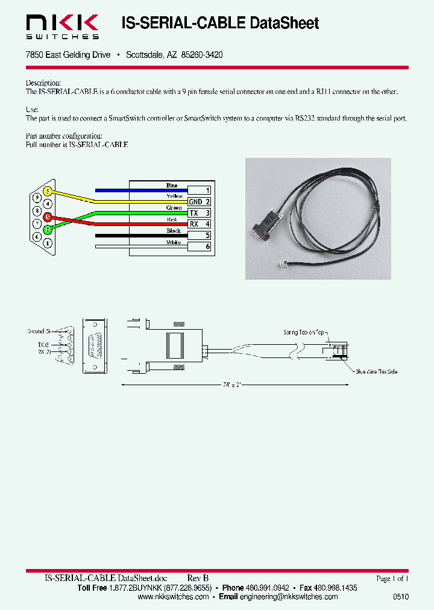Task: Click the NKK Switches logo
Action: click(x=62, y=27)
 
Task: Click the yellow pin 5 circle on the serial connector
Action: click(x=48, y=192)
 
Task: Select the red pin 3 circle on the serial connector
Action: click(x=48, y=217)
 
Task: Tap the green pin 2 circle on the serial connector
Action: click(x=48, y=230)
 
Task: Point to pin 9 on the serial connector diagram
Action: click(x=37, y=198)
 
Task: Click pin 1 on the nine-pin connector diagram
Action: click(x=48, y=243)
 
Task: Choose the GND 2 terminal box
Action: click(x=199, y=202)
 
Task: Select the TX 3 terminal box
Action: click(x=199, y=213)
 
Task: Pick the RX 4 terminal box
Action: click(x=199, y=224)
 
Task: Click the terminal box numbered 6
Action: click(x=199, y=247)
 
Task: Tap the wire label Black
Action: click(x=174, y=231)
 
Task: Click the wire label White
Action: click(x=174, y=242)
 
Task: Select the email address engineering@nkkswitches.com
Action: click(x=289, y=597)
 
